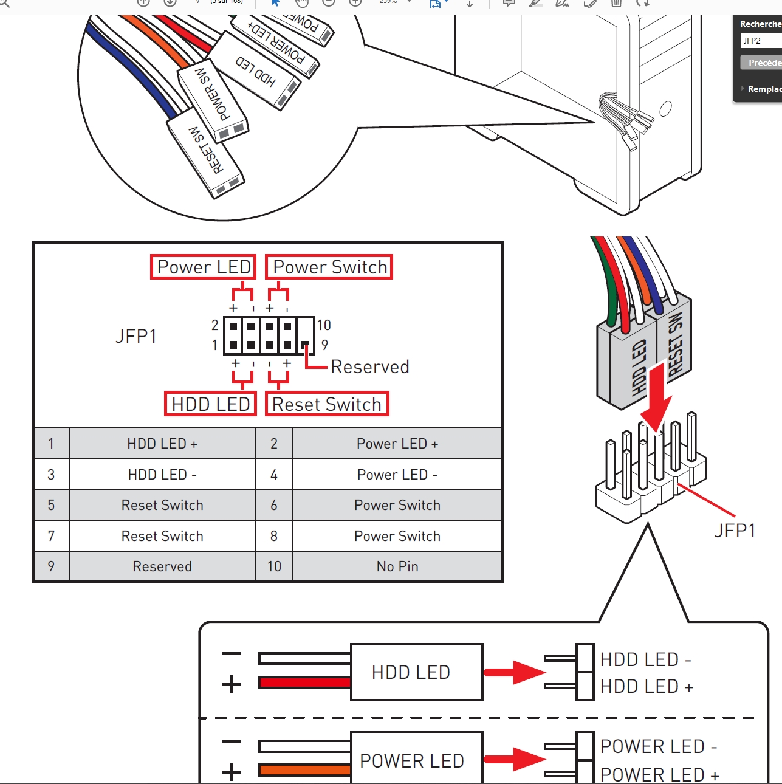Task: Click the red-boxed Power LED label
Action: coord(204,267)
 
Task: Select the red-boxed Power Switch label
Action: coord(329,267)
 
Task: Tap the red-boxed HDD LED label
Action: coord(210,404)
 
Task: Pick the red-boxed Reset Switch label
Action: coord(327,404)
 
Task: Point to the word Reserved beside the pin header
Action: coord(370,367)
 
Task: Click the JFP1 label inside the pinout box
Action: coord(136,336)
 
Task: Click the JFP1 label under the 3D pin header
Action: coord(735,531)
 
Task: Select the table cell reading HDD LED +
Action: coord(162,444)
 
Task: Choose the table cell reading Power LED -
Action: coord(397,475)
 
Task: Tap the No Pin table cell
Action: coord(397,566)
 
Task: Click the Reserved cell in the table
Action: coord(162,566)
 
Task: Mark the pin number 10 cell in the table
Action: coord(274,566)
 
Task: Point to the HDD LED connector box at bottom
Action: coord(417,672)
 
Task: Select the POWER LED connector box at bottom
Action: coord(417,760)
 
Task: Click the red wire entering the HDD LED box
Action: coord(304,683)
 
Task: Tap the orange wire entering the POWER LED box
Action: coord(304,770)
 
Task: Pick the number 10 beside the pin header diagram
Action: coord(324,325)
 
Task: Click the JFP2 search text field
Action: coord(760,41)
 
